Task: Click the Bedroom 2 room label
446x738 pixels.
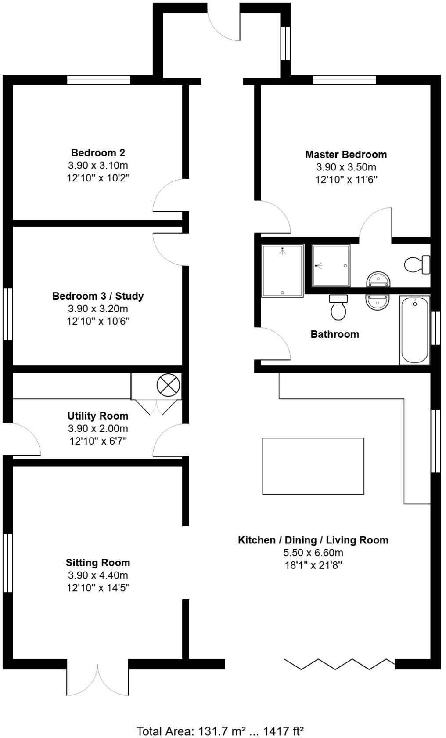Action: [x=98, y=153]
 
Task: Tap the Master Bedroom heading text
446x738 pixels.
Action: [x=346, y=155]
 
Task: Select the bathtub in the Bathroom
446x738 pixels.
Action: [x=414, y=330]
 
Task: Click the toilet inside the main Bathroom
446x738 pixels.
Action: [x=338, y=307]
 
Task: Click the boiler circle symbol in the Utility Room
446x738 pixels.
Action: [x=169, y=386]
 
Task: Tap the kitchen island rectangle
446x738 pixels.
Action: [x=313, y=466]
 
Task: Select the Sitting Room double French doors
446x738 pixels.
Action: [x=98, y=679]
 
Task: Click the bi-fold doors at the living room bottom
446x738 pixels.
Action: [x=339, y=664]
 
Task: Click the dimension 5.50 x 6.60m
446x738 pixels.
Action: [x=313, y=553]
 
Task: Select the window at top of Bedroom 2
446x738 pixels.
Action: [x=99, y=80]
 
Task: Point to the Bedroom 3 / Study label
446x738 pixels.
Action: [x=98, y=296]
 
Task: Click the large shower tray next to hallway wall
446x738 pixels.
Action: [x=283, y=271]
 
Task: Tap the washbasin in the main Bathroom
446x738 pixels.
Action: [x=378, y=302]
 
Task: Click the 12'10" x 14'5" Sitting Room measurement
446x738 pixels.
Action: [x=98, y=588]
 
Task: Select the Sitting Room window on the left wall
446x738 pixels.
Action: [x=7, y=563]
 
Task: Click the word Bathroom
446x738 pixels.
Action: [x=334, y=334]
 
